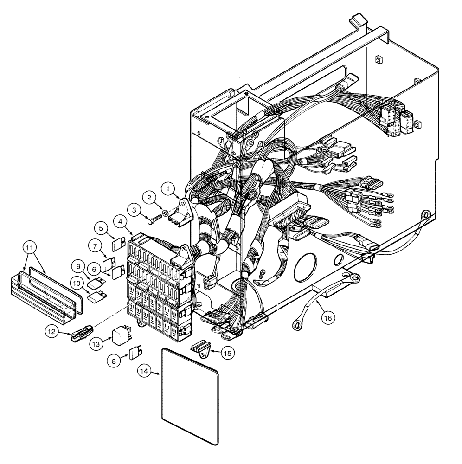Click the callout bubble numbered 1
(168, 188)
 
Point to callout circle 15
(228, 352)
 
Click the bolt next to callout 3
(155, 217)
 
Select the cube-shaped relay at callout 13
(121, 334)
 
